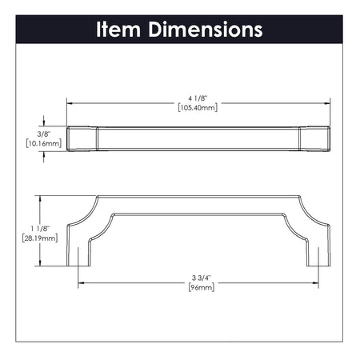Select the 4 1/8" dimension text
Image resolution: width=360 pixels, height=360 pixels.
(x=198, y=99)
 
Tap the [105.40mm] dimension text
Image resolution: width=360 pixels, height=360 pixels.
(x=198, y=108)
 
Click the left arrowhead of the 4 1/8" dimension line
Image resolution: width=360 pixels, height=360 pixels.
(x=69, y=102)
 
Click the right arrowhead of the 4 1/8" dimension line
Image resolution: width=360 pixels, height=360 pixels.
(x=328, y=102)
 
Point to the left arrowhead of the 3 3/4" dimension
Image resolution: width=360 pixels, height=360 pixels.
(x=80, y=282)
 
